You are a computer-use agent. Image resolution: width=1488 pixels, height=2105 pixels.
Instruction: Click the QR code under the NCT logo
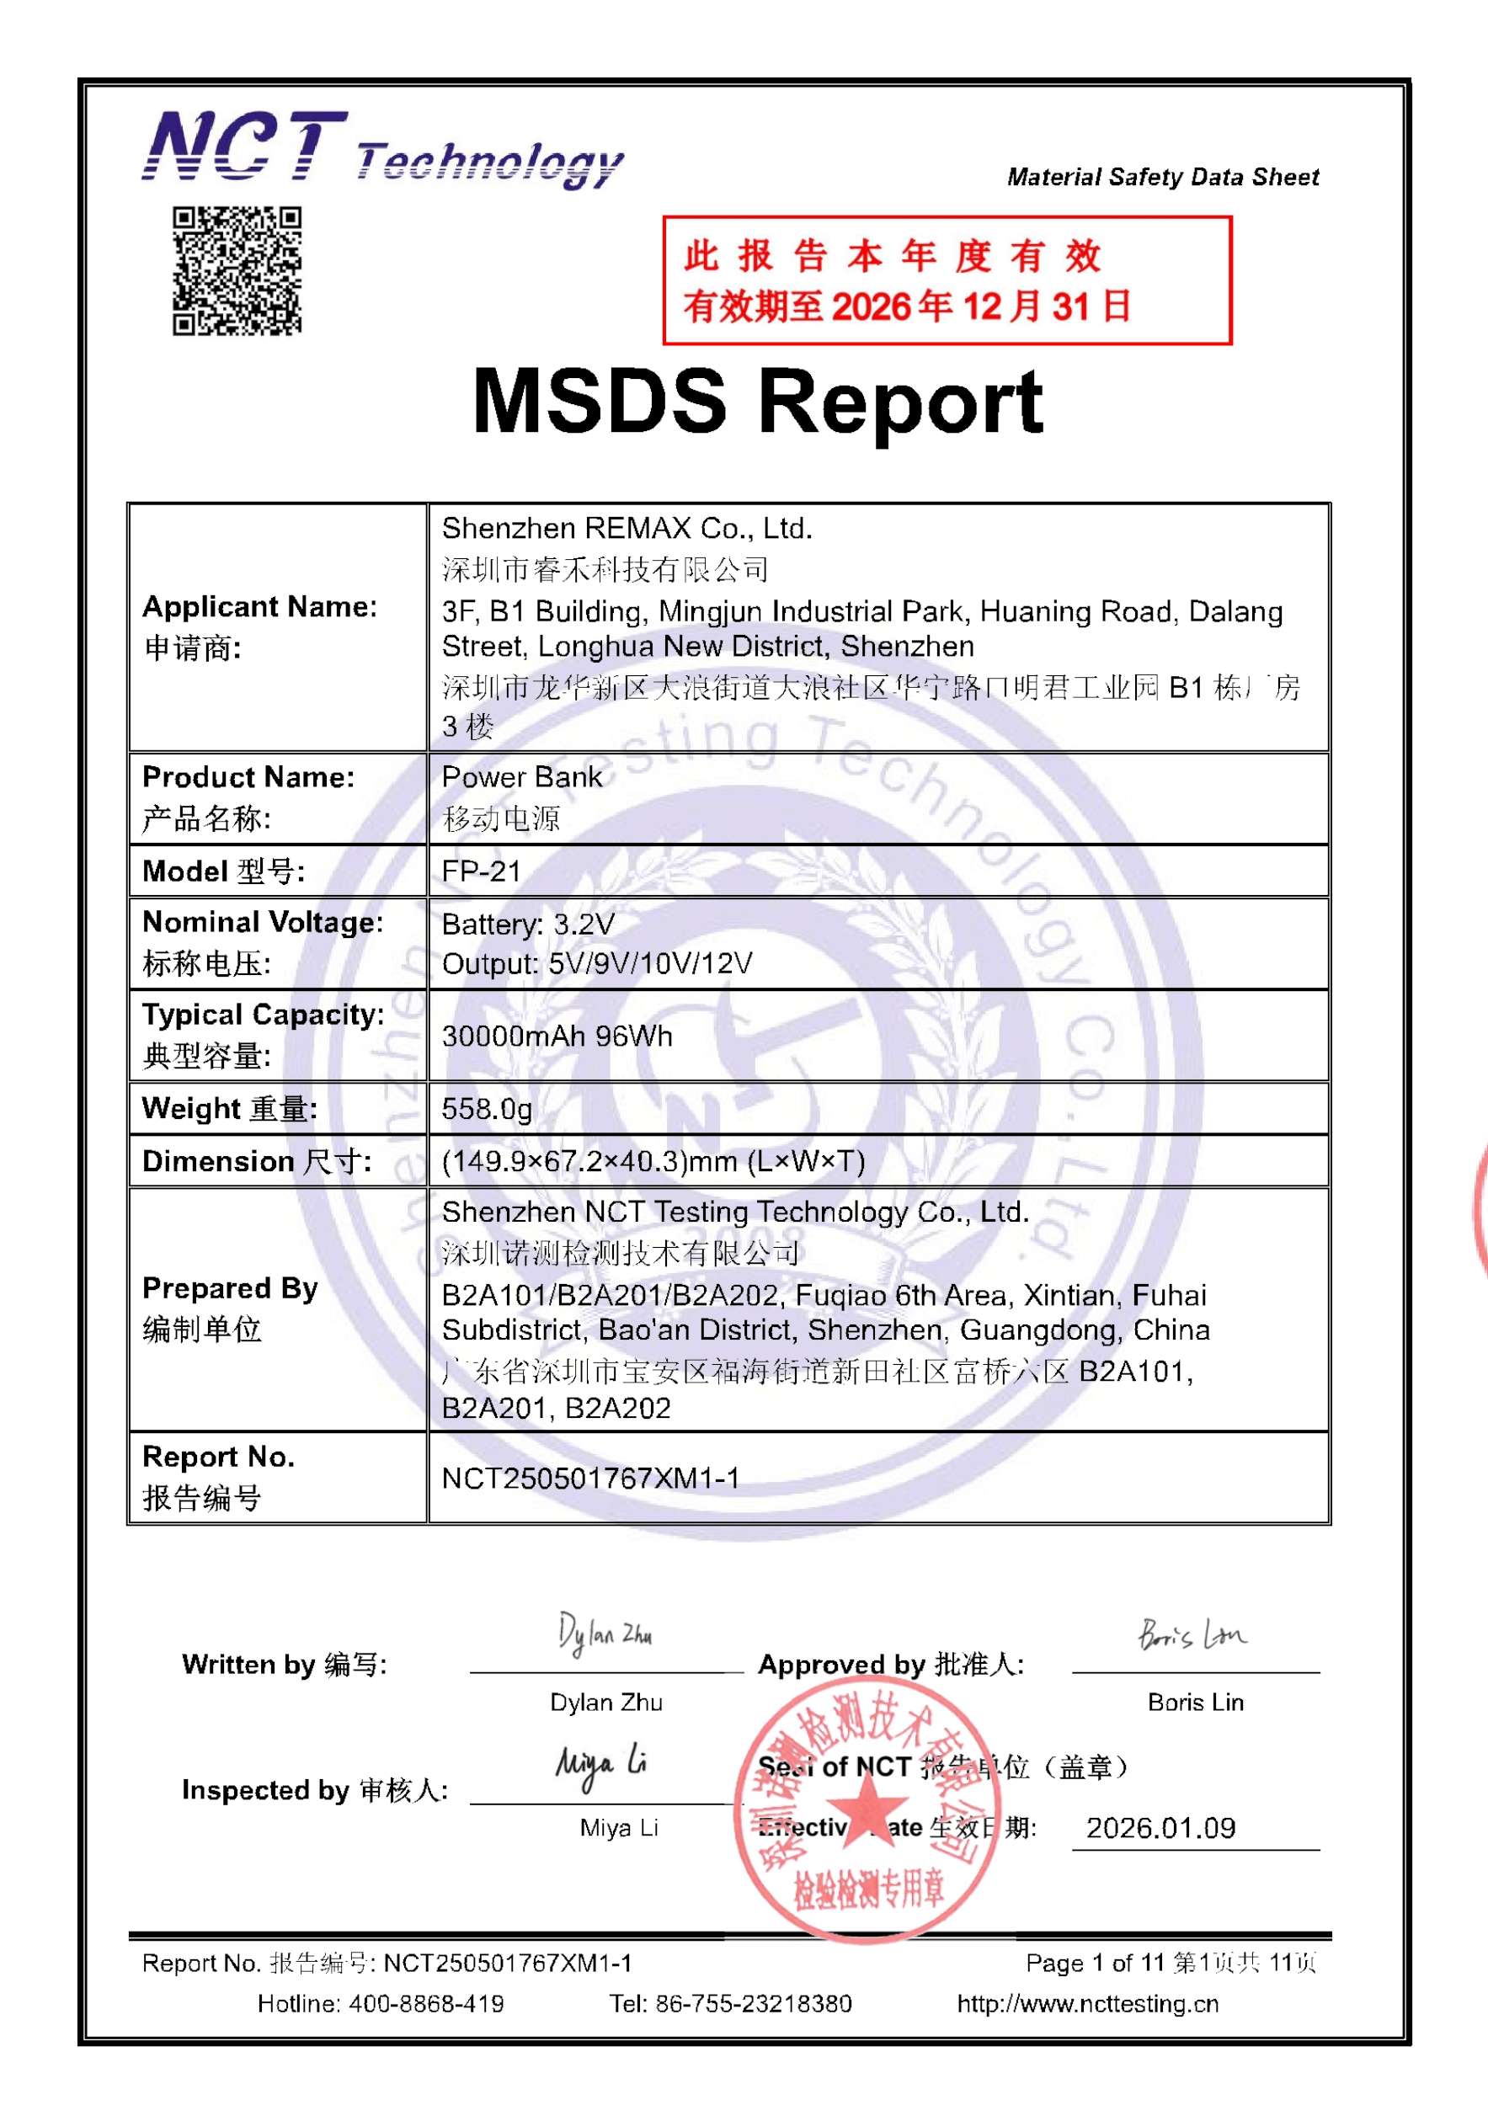point(237,270)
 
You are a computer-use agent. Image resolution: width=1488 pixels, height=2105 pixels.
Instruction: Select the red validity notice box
point(947,280)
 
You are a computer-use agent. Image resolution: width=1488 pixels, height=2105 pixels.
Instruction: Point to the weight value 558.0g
point(487,1110)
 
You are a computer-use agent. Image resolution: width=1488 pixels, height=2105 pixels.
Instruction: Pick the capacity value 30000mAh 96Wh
point(557,1036)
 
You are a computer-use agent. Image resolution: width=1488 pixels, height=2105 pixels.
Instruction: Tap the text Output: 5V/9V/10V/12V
point(597,963)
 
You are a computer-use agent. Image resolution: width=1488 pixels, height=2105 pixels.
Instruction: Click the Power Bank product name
point(521,777)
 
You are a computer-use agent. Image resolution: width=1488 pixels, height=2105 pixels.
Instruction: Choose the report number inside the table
point(590,1478)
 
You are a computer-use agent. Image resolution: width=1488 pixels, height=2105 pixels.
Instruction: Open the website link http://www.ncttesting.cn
point(1087,2004)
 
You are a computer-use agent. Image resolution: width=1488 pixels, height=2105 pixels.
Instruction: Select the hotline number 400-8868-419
point(425,2004)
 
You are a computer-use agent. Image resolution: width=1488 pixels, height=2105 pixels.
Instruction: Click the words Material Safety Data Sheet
point(1163,177)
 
